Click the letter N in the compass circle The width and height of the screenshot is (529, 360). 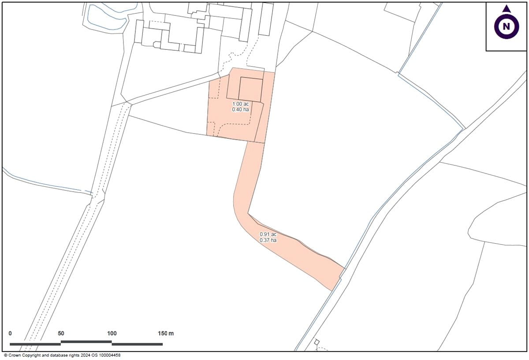(x=507, y=27)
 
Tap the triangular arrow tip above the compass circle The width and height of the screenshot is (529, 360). (x=507, y=9)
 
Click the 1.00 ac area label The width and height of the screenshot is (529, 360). (x=240, y=104)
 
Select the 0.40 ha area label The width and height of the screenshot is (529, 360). (x=240, y=109)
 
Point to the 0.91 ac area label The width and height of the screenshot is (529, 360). (x=268, y=234)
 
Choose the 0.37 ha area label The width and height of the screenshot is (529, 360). (x=268, y=240)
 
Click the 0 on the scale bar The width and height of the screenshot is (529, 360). (x=10, y=334)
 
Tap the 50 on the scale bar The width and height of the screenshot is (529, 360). (x=61, y=334)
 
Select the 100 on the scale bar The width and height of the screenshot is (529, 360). (x=112, y=334)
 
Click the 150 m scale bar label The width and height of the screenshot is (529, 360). (x=166, y=334)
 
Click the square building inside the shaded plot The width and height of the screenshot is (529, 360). (x=250, y=89)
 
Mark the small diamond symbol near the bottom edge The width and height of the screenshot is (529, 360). (x=317, y=342)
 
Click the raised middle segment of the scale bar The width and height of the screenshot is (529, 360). (x=86, y=341)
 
